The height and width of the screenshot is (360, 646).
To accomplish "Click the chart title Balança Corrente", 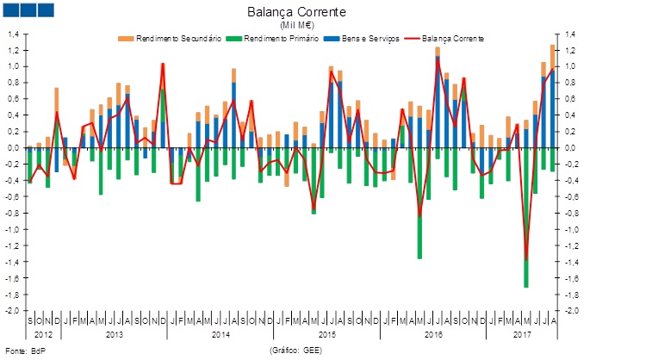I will [296, 12].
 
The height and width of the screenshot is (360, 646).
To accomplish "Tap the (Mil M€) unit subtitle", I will [296, 26].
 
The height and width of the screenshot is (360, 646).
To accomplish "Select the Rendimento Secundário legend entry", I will [171, 39].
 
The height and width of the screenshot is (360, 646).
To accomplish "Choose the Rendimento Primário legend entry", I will [276, 39].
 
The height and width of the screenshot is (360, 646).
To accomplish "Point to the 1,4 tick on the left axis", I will [14, 34].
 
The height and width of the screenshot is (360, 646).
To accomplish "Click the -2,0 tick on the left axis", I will [13, 310].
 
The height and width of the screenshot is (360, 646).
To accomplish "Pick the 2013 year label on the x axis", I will [113, 332].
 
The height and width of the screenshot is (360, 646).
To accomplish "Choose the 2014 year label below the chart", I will [221, 332].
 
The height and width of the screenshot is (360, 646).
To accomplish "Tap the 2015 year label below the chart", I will [327, 332].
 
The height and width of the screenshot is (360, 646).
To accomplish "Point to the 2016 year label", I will [434, 332].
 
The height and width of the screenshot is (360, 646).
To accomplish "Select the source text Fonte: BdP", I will [25, 351].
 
